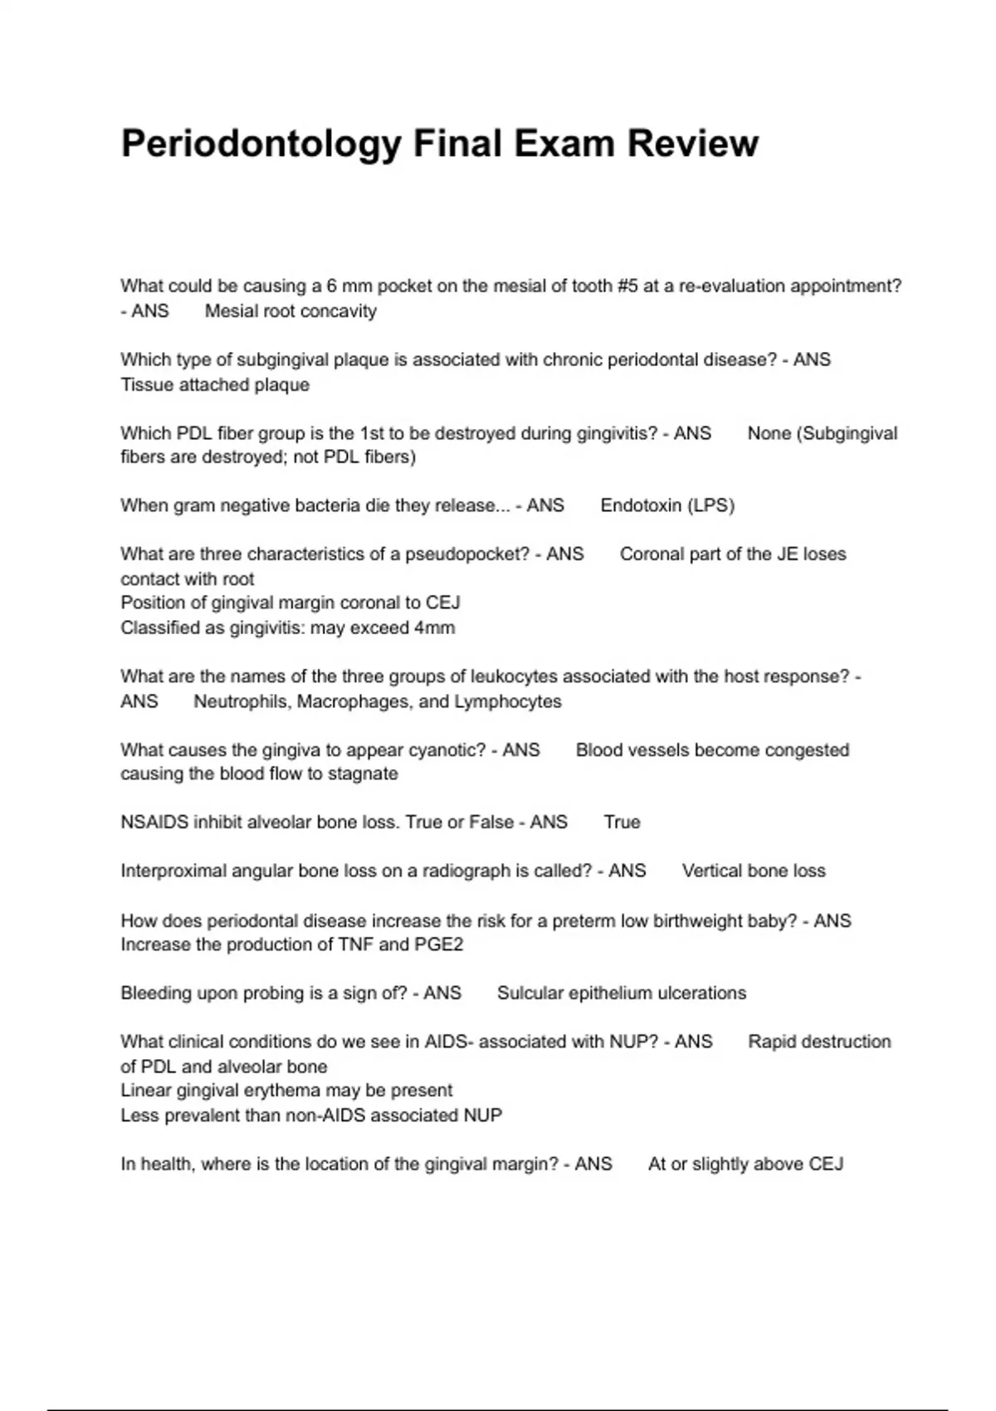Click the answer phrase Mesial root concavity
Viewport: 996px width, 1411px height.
coord(290,311)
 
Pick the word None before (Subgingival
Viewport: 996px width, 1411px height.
coord(769,433)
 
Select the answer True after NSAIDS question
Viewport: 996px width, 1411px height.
coord(622,823)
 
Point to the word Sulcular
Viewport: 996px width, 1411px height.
coord(530,994)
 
